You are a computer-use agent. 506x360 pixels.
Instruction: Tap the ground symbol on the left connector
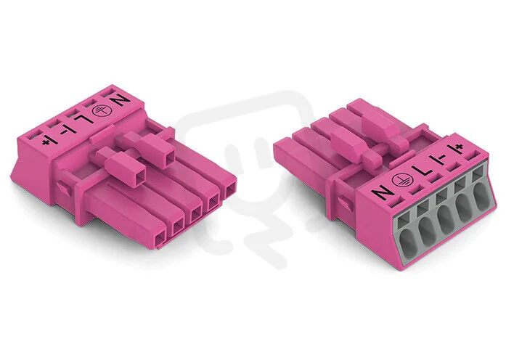100,110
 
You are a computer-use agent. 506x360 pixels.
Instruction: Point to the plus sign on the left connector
45,142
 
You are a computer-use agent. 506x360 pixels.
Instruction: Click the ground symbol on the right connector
401,180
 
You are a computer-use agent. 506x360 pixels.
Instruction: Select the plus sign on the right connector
460,147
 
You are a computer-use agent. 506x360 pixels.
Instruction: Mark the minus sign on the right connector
441,157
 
